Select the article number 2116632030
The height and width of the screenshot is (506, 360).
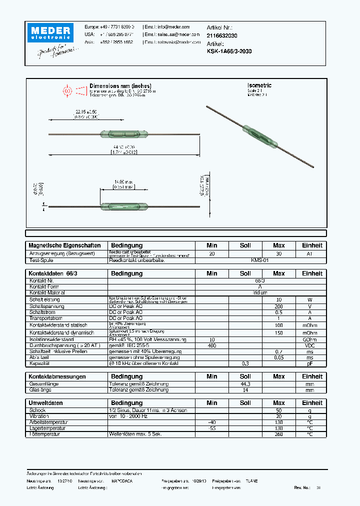tap(222, 36)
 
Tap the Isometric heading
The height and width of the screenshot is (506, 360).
tap(259, 85)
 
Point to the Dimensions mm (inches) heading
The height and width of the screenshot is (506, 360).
tap(120, 85)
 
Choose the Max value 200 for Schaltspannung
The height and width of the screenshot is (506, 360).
tap(278, 305)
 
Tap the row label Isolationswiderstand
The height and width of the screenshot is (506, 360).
tap(54, 339)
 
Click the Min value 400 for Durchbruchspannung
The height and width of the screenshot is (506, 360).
tap(212, 345)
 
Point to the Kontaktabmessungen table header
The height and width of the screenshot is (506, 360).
tap(57, 376)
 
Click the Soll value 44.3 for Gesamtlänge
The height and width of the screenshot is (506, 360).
tap(245, 383)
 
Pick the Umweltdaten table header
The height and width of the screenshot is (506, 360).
tap(46, 402)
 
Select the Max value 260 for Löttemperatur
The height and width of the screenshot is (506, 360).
tap(278, 434)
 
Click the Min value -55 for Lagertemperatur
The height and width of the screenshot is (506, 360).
tap(212, 428)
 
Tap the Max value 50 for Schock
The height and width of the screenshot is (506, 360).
tap(278, 410)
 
